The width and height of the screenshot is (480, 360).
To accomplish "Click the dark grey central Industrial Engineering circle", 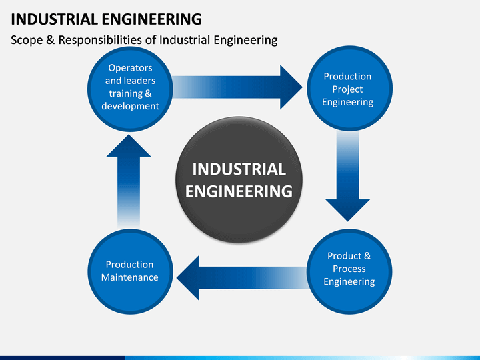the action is (239, 180).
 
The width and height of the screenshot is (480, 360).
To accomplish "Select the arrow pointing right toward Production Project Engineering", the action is (237, 87).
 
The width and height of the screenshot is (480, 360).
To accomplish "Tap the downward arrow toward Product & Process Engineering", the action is (348, 176).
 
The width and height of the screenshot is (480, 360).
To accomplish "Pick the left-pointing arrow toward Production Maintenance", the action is (242, 278).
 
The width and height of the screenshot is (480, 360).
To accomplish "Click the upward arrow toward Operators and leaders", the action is (129, 181).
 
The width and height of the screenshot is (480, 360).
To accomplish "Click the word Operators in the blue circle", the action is (130, 67).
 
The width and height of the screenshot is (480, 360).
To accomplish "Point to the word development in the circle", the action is (130, 106).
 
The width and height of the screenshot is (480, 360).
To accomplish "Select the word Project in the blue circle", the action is (347, 89).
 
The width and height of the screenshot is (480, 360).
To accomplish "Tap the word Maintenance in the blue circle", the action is (130, 277).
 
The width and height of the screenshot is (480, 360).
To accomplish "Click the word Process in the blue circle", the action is (349, 269).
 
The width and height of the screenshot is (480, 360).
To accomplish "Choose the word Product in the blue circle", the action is (345, 256).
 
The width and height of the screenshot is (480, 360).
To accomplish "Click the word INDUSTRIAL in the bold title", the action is (54, 19).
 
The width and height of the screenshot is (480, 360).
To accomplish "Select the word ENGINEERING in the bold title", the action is (151, 19).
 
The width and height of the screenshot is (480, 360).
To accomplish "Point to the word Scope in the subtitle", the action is (27, 40).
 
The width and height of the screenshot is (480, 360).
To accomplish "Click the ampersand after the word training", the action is (148, 93).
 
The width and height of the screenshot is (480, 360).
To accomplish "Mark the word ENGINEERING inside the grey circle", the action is (239, 191).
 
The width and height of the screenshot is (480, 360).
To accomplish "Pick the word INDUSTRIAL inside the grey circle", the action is (239, 169).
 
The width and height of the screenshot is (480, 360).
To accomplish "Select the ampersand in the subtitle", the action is (51, 40).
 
